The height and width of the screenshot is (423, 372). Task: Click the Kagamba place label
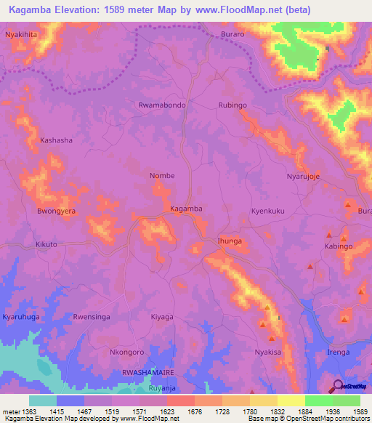[185, 209]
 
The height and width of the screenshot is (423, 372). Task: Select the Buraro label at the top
[234, 34]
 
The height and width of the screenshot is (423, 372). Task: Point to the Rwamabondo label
[162, 105]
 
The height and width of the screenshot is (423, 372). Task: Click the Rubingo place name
[232, 105]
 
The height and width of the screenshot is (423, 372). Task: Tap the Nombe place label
[161, 176]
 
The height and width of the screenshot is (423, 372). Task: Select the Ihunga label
[229, 241]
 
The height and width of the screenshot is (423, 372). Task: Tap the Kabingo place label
[339, 246]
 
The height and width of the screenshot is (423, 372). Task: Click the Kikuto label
[46, 245]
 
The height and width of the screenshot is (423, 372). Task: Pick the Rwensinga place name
[92, 317]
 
